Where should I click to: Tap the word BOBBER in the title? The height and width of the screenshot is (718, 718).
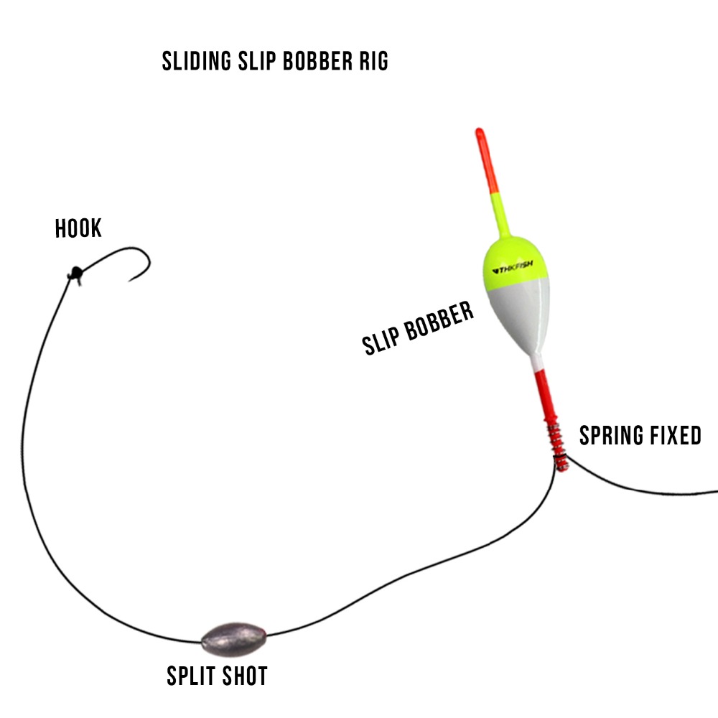[317, 62]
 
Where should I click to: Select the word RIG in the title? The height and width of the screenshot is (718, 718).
[373, 62]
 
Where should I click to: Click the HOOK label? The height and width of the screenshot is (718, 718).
[78, 229]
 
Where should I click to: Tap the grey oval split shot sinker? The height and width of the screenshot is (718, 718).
[234, 638]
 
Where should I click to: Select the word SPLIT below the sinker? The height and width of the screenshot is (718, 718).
[192, 676]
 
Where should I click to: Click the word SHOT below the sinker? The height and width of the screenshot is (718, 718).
[244, 676]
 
